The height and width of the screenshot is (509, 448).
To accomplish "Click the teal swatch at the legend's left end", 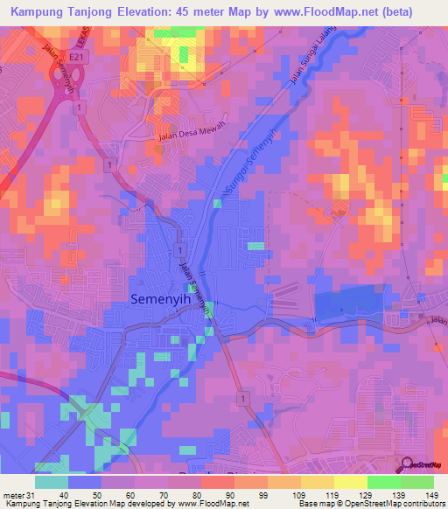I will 52,482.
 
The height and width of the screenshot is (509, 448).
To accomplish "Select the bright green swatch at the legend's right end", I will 417,482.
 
